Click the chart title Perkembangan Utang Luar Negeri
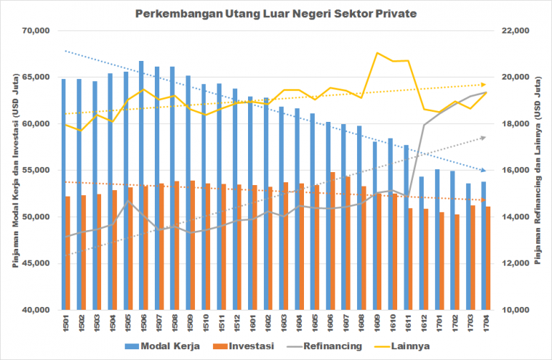[x=277, y=14]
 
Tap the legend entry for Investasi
[x=254, y=346]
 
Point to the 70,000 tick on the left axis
[x=34, y=31]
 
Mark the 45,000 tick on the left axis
[x=34, y=263]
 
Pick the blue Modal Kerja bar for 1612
[x=422, y=243]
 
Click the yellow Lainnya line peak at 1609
[x=377, y=53]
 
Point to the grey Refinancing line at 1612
[x=424, y=125]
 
